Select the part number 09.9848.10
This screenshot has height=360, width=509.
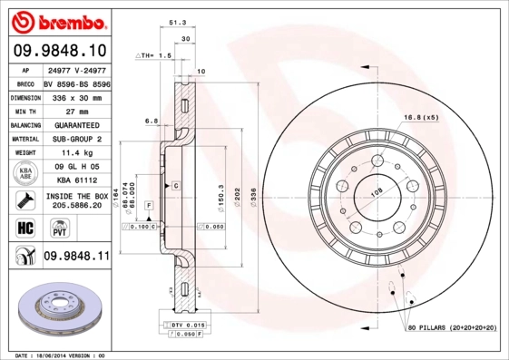pyautogui.click(x=59, y=50)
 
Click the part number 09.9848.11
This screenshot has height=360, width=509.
pyautogui.click(x=76, y=258)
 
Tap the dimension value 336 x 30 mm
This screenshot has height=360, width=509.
pyautogui.click(x=76, y=96)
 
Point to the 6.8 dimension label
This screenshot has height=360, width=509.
pyautogui.click(x=151, y=120)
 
